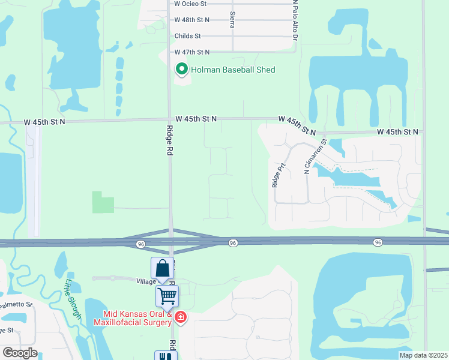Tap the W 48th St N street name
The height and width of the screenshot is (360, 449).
191,20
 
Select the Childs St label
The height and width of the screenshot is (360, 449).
187,36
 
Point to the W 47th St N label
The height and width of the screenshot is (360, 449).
191,53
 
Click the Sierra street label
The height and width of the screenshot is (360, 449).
232,19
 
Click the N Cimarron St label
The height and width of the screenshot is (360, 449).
315,158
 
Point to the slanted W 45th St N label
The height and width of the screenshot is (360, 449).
297,126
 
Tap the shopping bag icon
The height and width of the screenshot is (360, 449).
162,268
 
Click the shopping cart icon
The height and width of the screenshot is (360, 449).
167,295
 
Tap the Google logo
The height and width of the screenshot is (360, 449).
20,353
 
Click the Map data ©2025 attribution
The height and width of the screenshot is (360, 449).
424,355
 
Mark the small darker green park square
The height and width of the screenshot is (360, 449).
103,202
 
